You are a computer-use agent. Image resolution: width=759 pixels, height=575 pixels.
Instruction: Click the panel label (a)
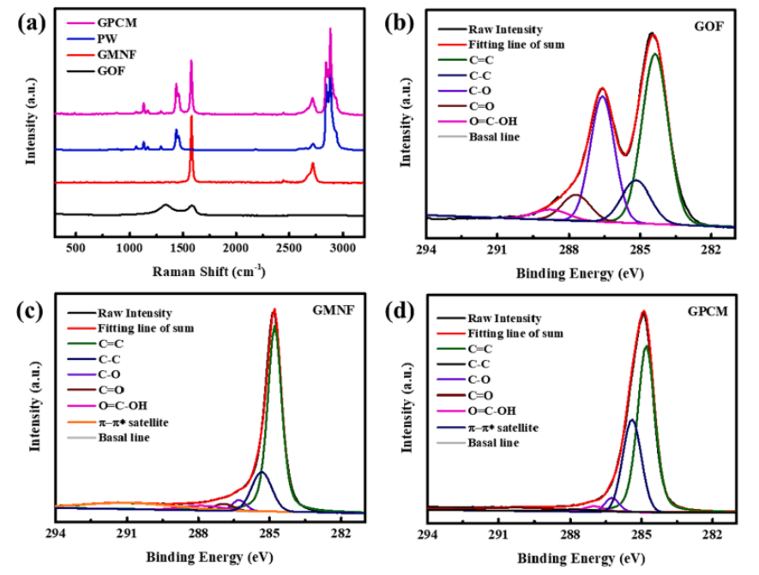(x=32, y=23)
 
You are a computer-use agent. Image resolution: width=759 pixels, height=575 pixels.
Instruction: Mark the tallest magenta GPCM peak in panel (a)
(x=330, y=29)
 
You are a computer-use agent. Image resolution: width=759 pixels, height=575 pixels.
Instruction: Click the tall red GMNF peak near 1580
(x=191, y=117)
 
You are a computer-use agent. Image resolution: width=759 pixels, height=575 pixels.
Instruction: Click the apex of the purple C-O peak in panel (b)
(x=603, y=96)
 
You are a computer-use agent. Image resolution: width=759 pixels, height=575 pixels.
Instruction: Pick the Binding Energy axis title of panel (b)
(x=581, y=273)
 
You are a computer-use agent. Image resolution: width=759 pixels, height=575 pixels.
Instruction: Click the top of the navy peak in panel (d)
(x=631, y=420)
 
